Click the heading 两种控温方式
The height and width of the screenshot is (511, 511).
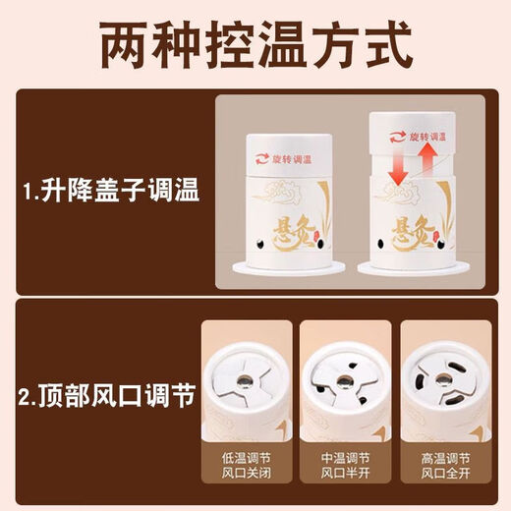click(255, 44)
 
